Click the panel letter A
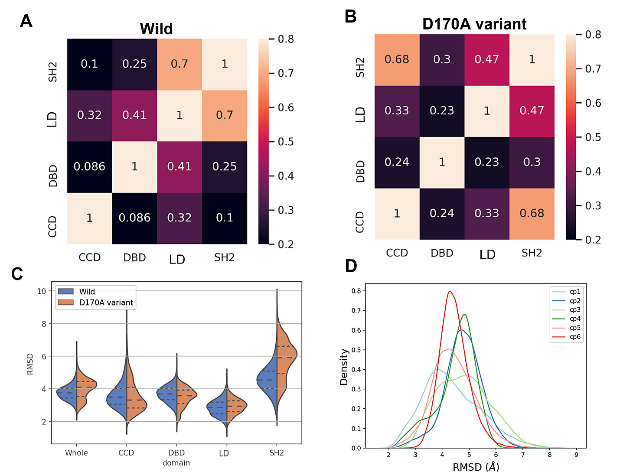[x=26, y=21]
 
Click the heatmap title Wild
[x=156, y=29]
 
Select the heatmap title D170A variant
[x=474, y=24]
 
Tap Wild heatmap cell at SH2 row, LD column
[x=179, y=64]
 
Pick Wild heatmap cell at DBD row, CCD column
[x=89, y=166]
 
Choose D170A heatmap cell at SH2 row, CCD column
[x=397, y=59]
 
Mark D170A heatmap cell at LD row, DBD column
[x=442, y=111]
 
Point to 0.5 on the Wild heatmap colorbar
[x=285, y=142]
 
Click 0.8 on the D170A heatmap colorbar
[x=593, y=34]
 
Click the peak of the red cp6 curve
[x=450, y=291]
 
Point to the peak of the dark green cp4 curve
[x=465, y=314]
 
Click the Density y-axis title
[x=344, y=367]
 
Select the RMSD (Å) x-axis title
[x=476, y=466]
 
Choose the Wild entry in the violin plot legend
[x=87, y=292]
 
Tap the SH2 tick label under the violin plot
[x=277, y=453]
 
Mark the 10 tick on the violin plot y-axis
[x=42, y=291]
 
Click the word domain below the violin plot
[x=176, y=463]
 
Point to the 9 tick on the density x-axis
[x=576, y=455]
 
